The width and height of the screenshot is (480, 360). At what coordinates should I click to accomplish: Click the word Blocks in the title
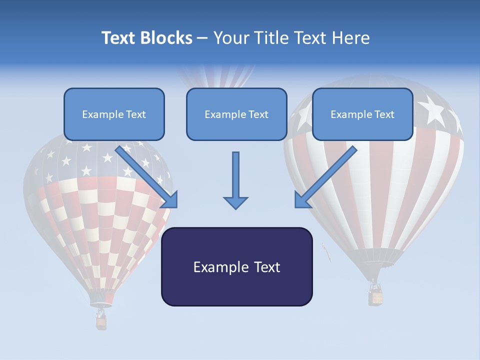pos(167,38)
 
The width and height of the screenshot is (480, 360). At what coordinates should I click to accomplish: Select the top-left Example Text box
pos(114,114)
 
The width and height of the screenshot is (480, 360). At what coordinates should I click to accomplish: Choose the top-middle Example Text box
pos(236,114)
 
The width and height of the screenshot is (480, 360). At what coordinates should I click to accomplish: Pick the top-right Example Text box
pos(362,114)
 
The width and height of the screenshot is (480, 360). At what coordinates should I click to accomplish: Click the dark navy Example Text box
pos(236,267)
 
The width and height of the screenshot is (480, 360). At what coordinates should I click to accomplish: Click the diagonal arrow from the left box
pos(147,177)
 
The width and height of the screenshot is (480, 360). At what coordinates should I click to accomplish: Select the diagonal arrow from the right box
pos(325,177)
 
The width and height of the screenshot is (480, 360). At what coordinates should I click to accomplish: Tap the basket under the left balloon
pos(101,322)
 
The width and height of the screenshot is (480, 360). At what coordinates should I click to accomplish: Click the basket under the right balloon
pos(375,297)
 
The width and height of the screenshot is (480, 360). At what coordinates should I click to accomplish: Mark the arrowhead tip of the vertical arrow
pos(235,207)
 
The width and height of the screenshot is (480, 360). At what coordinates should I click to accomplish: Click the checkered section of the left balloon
pos(100,220)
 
